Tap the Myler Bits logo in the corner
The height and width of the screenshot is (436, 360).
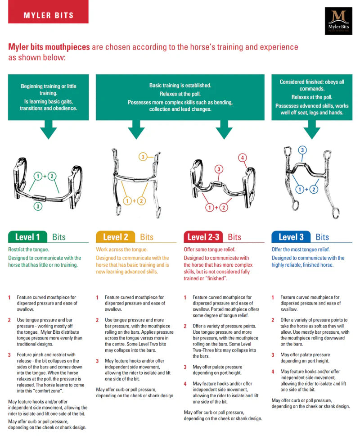pyautogui.click(x=338, y=21)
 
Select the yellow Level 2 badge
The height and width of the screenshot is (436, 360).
pyautogui.click(x=115, y=237)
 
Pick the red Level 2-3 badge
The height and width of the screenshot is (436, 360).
pyautogui.click(x=203, y=237)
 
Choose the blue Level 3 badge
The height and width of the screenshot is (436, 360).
pyautogui.click(x=291, y=237)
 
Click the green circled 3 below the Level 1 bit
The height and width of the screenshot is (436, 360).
pyautogui.click(x=39, y=207)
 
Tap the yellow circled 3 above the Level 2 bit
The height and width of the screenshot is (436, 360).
pyautogui.click(x=143, y=157)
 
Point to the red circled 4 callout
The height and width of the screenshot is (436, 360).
pyautogui.click(x=243, y=158)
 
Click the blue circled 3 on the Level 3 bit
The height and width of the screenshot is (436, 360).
pyautogui.click(x=302, y=150)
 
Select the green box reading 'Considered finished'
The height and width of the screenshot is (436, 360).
pyautogui.click(x=311, y=97)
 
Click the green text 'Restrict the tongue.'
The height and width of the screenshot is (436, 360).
pyautogui.click(x=28, y=249)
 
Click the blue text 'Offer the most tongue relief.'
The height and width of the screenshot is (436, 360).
pyautogui.click(x=301, y=249)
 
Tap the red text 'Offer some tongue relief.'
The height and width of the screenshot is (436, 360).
pyautogui.click(x=209, y=249)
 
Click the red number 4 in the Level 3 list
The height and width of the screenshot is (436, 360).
pyautogui.click(x=273, y=372)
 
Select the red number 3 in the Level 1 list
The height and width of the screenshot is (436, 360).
pyautogui.click(x=9, y=355)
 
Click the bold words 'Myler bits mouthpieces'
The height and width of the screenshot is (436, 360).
pyautogui.click(x=49, y=47)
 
